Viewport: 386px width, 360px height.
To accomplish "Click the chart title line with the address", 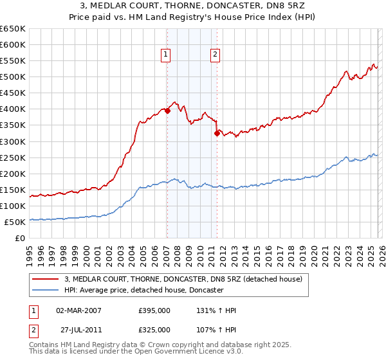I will click(x=193, y=6).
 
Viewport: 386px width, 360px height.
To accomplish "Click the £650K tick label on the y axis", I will click(x=13, y=29).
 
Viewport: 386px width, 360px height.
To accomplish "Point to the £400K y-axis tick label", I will click(x=13, y=109).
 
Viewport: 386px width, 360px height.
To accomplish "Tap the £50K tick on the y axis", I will click(x=15, y=222).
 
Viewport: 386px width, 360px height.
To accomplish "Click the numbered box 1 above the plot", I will click(x=166, y=55).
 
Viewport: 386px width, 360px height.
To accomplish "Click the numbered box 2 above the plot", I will click(x=214, y=55).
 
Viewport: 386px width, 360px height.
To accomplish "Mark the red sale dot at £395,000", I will click(x=167, y=111).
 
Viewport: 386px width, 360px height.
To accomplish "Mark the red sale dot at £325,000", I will click(x=217, y=133).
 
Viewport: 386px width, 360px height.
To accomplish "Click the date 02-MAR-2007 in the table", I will click(x=78, y=310).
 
